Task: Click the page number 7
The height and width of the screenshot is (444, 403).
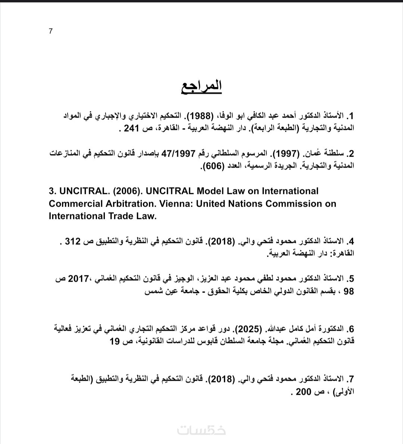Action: [51, 31]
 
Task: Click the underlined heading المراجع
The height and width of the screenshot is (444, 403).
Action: [201, 86]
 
